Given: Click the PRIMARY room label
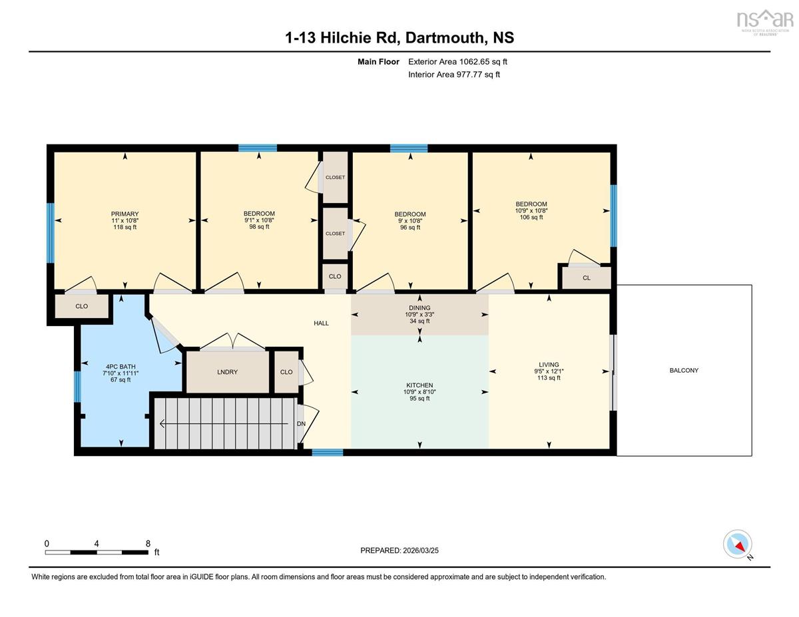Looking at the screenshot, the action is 125,214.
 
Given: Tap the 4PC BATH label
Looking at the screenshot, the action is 121,366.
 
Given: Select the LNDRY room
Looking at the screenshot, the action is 228,372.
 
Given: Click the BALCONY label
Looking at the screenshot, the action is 684,371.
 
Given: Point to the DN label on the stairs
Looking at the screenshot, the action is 301,424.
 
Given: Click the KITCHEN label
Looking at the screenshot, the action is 419,385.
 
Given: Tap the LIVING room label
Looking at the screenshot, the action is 549,365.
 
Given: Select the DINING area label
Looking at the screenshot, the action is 419,308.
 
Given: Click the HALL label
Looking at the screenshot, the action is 321,323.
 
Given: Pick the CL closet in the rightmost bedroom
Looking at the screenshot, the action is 587,278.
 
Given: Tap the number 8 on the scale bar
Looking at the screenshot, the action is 148,544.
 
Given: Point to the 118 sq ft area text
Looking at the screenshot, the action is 125,227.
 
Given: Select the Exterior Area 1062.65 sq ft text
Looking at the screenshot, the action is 457,62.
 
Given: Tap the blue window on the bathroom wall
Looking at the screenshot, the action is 77,387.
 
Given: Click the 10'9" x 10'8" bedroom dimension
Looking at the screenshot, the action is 531,210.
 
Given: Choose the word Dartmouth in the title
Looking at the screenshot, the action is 445,37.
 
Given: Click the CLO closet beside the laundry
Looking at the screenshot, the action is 286,372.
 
